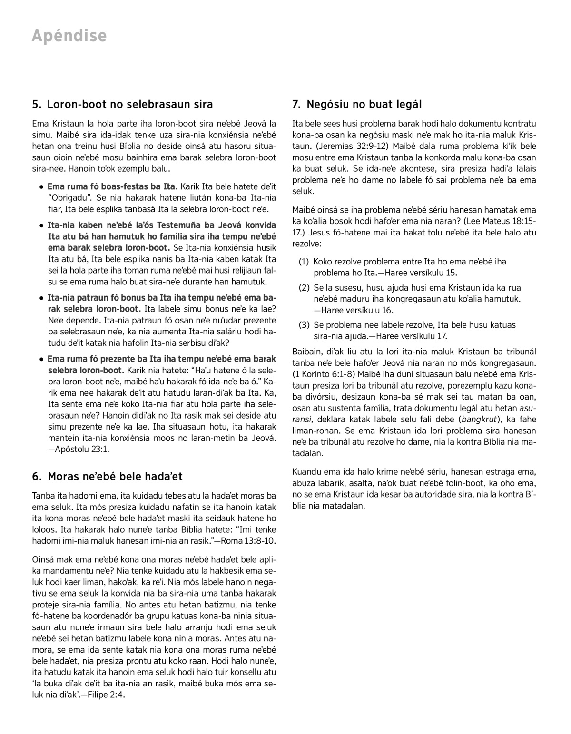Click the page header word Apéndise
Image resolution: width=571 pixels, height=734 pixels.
(69, 36)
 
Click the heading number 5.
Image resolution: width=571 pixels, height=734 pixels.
(36, 104)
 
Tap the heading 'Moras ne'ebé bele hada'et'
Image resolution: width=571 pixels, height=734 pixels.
(115, 476)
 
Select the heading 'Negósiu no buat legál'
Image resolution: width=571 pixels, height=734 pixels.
(364, 104)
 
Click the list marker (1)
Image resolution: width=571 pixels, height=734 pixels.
(304, 262)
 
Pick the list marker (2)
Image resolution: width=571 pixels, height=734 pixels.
(304, 288)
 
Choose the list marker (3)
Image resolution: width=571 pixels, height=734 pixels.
(304, 325)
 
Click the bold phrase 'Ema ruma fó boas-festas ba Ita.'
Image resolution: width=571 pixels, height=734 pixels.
(112, 186)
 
